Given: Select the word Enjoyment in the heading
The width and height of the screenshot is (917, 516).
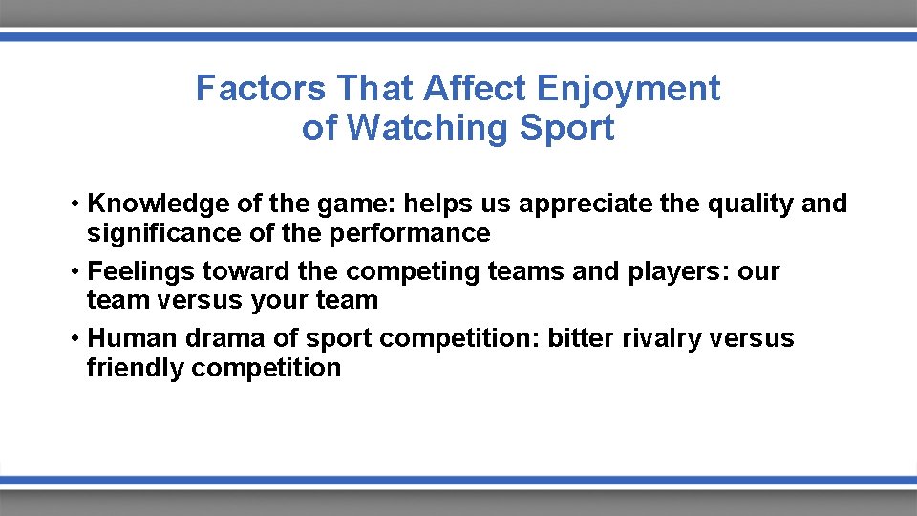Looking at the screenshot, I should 629,89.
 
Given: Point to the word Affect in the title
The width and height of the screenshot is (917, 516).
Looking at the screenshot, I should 476,89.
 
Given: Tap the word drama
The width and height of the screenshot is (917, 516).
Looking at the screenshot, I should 207,338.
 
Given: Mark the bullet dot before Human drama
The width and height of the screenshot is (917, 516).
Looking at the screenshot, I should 74,339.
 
